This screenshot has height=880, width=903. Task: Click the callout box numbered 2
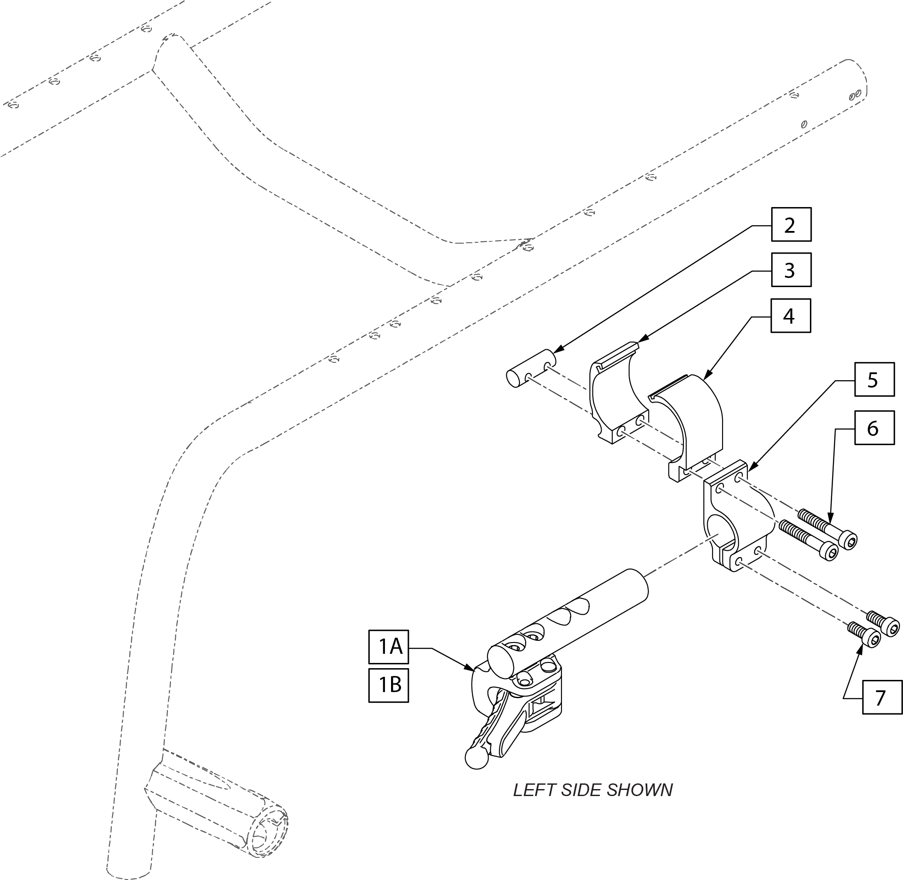point(791,224)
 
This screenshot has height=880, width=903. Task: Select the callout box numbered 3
point(791,270)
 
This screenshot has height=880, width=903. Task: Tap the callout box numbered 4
point(791,316)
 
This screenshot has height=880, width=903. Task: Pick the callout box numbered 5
point(874,379)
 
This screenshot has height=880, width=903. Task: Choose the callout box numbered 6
point(874,428)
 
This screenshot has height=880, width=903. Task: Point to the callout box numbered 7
point(882,697)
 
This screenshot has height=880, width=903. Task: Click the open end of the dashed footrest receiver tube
point(267,833)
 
